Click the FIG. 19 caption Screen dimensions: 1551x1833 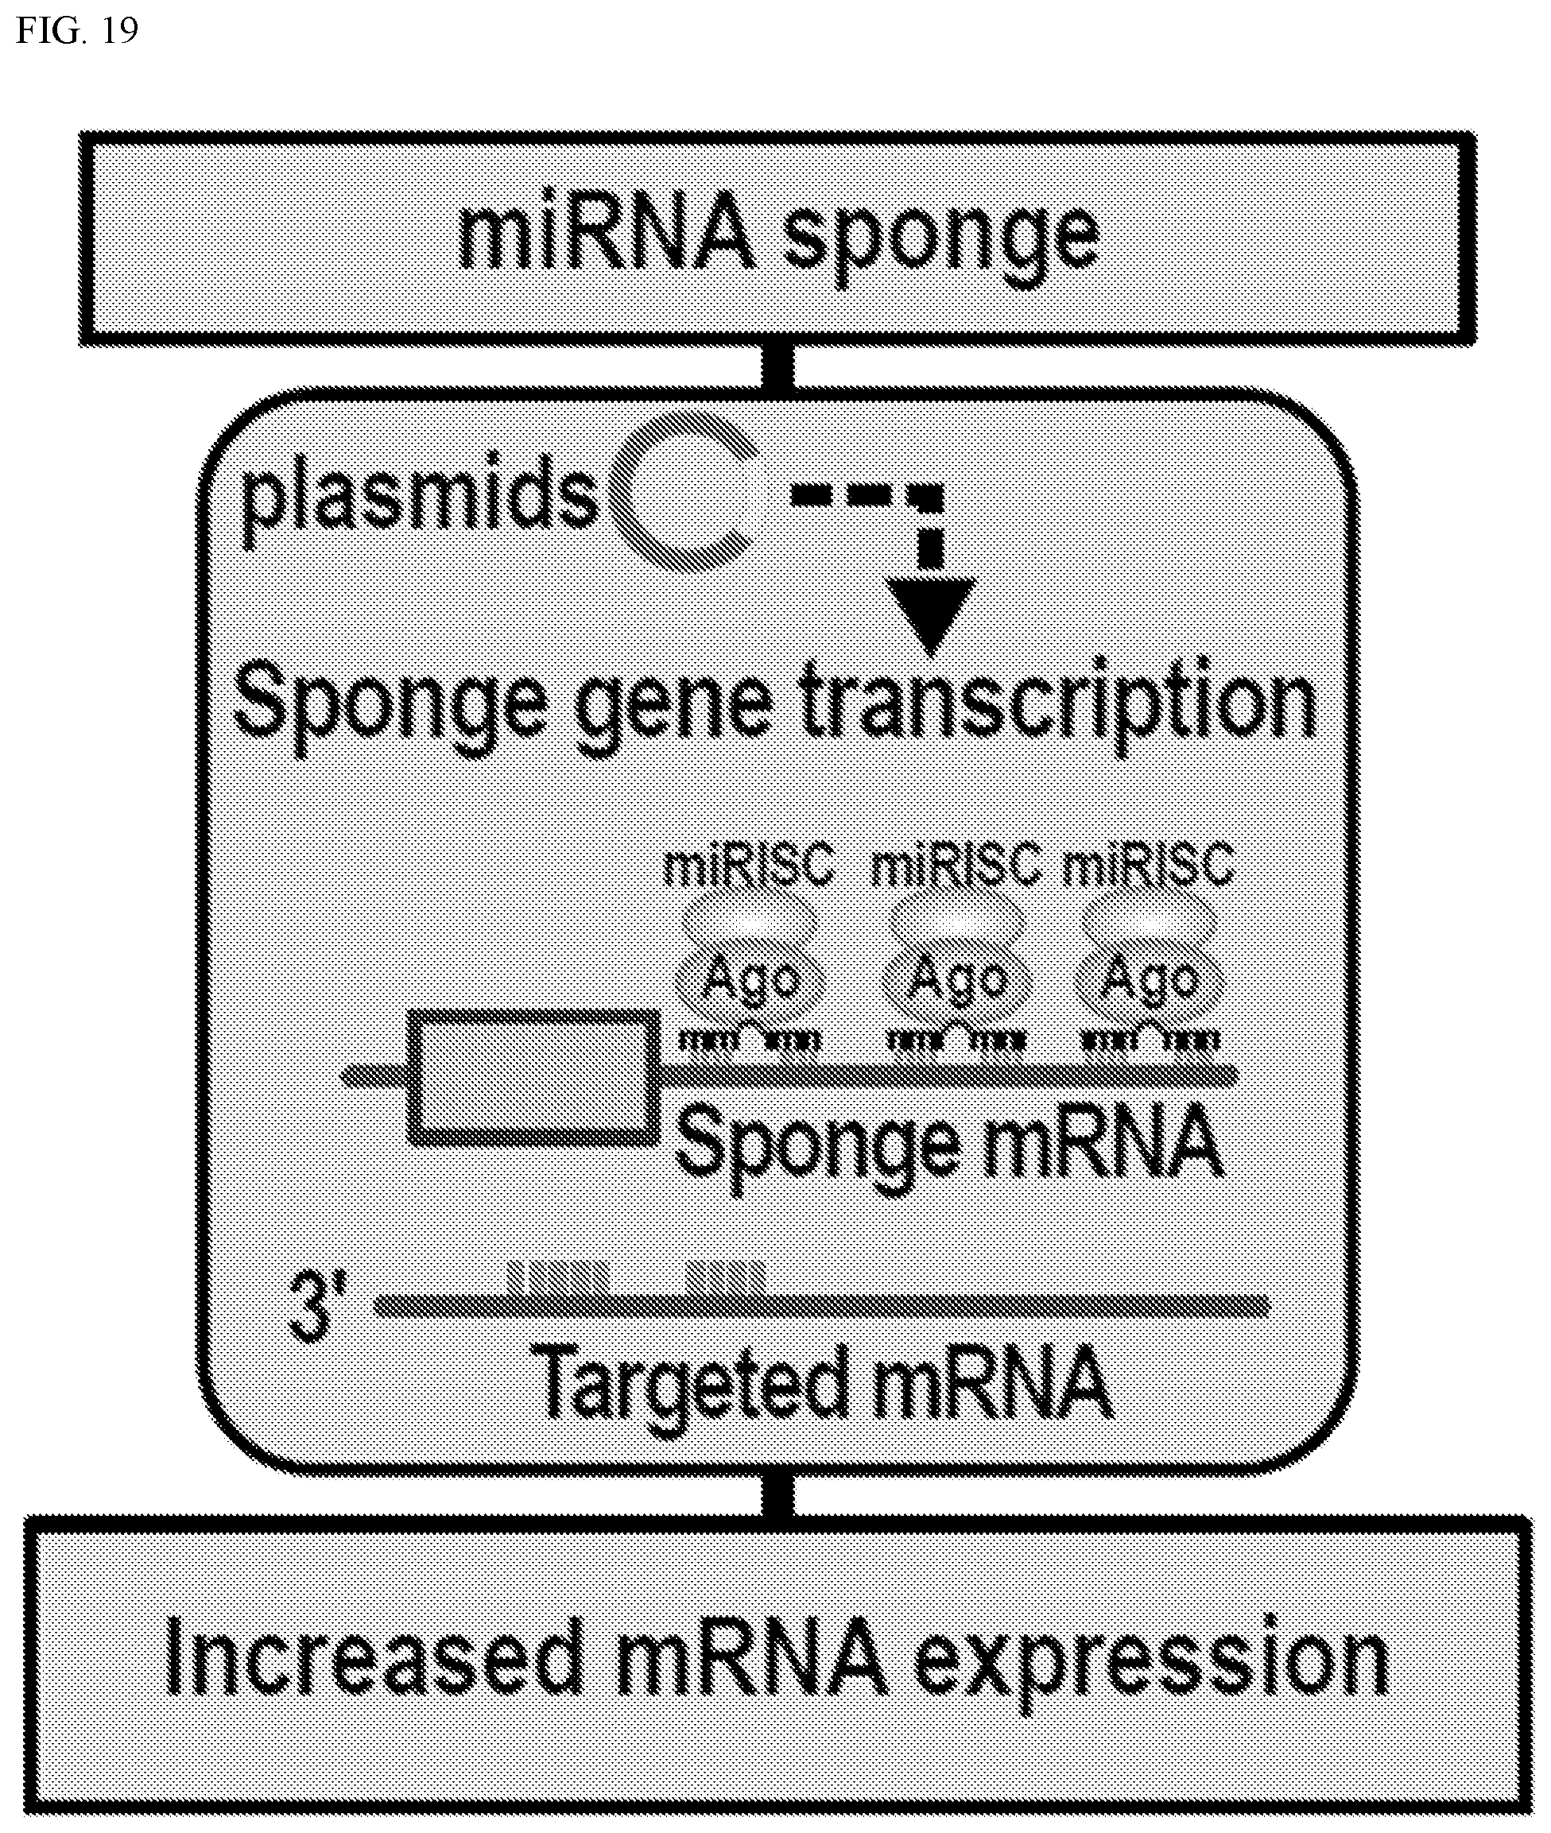[77, 31]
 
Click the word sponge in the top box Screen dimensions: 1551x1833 [940, 238]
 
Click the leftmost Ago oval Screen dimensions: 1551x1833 [749, 980]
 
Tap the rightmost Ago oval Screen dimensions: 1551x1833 [1150, 980]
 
